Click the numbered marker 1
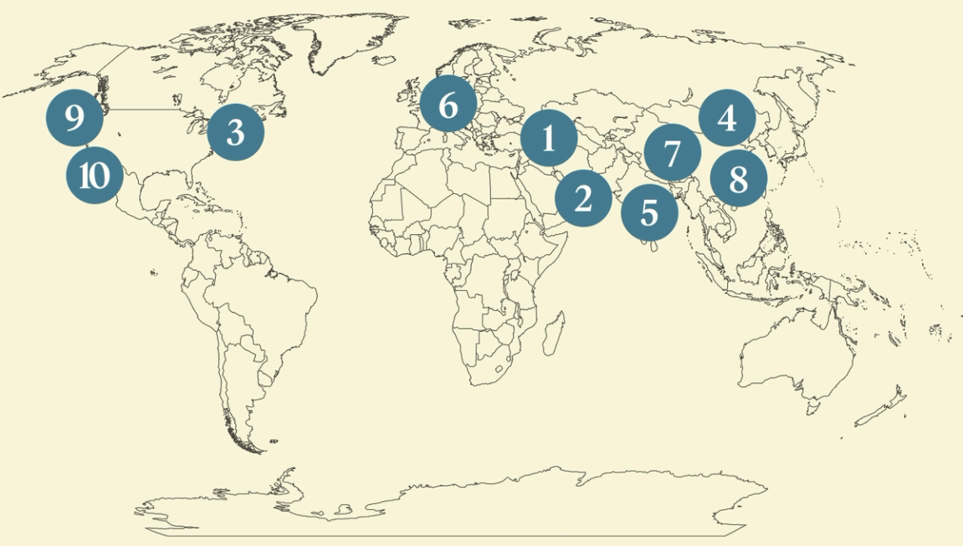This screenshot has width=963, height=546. (x=549, y=138)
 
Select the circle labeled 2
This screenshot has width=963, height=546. (x=583, y=198)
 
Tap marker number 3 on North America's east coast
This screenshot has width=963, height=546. (x=235, y=132)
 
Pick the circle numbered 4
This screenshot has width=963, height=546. (x=727, y=118)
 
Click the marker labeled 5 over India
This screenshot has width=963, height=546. (x=649, y=212)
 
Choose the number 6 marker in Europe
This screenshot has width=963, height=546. (x=448, y=105)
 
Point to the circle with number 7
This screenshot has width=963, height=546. (x=672, y=153)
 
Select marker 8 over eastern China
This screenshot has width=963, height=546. (x=738, y=179)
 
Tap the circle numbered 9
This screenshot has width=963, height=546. (x=74, y=119)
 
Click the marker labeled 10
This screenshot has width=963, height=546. (x=95, y=176)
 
